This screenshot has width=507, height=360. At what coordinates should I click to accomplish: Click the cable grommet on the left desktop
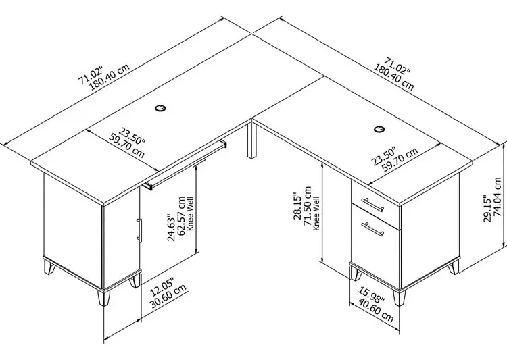[160, 108]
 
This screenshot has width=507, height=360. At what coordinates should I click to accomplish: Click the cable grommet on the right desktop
[379, 129]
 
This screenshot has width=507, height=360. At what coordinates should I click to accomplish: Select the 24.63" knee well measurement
[171, 227]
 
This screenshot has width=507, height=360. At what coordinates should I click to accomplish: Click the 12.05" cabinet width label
[163, 286]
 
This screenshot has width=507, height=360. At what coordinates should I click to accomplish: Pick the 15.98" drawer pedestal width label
[371, 295]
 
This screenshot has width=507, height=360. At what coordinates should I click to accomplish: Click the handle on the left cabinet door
[139, 230]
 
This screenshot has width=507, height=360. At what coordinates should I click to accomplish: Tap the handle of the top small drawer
[372, 205]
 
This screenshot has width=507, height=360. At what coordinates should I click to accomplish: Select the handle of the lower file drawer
[372, 229]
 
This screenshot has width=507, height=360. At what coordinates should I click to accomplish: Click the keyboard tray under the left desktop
[186, 165]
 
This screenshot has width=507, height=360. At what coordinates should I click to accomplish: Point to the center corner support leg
[252, 138]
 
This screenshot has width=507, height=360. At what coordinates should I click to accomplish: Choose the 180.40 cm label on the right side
[394, 78]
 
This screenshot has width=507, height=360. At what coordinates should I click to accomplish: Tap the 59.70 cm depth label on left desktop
[126, 148]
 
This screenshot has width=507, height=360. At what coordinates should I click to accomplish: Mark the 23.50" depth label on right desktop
[383, 157]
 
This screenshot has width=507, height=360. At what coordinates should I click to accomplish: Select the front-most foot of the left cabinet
[103, 298]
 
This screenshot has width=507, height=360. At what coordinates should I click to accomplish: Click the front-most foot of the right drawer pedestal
[400, 298]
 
